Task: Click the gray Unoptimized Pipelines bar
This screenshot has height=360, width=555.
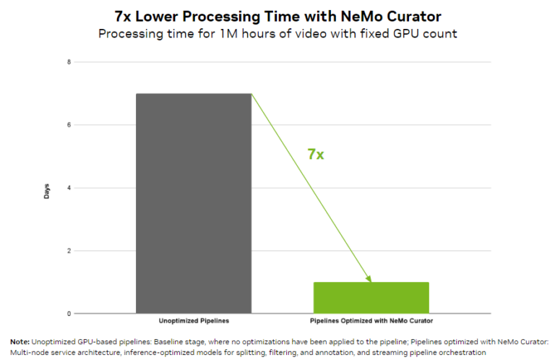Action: click(x=194, y=203)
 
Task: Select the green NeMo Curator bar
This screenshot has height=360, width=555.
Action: click(x=371, y=297)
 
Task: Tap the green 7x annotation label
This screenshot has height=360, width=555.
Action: click(x=316, y=153)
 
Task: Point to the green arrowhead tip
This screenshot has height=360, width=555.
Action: click(x=371, y=281)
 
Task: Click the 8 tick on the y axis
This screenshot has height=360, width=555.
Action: click(x=69, y=62)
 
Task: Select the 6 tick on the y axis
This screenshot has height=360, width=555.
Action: click(x=69, y=125)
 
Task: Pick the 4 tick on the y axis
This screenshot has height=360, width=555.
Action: click(x=69, y=188)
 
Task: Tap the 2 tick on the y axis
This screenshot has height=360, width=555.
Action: click(x=69, y=251)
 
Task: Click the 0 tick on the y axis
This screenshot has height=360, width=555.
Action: click(x=69, y=314)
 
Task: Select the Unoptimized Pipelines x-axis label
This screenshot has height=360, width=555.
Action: click(x=194, y=321)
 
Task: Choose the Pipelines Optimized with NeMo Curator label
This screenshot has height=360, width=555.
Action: click(x=371, y=321)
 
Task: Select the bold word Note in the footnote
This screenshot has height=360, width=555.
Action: click(x=20, y=340)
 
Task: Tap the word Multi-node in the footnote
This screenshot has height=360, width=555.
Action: click(x=25, y=351)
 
